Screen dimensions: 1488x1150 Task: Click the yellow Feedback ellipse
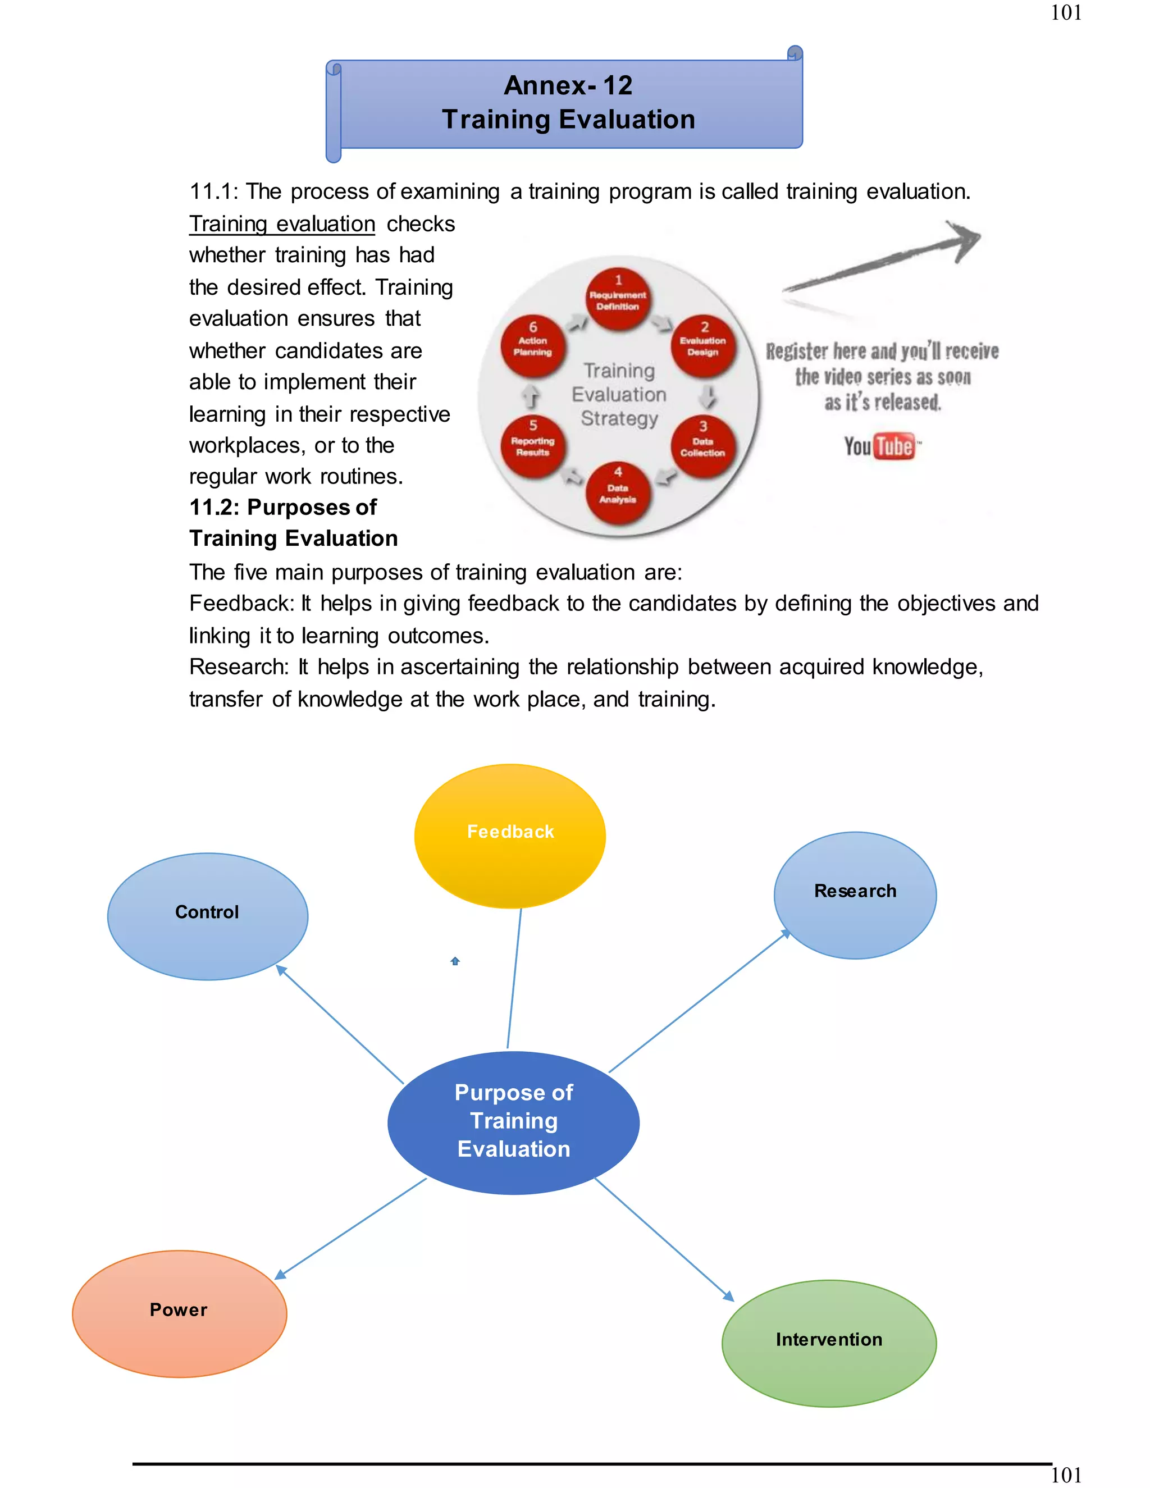pos(510,836)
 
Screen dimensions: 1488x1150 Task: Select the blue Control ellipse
pos(207,916)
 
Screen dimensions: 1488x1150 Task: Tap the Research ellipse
pos(855,894)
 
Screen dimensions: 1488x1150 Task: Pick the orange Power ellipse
pos(179,1313)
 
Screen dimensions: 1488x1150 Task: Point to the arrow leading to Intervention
pos(664,1239)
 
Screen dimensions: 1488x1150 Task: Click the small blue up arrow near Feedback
pos(455,961)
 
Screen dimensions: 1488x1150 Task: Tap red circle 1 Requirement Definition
pos(618,298)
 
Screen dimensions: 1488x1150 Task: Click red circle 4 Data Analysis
pos(618,491)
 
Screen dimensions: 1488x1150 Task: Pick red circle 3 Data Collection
pos(702,446)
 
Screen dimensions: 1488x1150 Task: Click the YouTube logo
pos(879,446)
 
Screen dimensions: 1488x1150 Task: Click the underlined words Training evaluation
pos(282,223)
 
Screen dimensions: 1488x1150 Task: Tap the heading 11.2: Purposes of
pos(283,507)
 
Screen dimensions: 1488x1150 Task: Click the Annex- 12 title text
pos(568,85)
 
